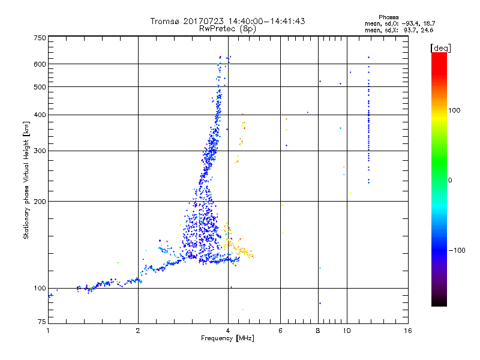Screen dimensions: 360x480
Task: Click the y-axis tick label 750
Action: click(40, 38)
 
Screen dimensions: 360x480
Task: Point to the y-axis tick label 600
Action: click(40, 64)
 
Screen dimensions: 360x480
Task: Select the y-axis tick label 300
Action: click(40, 151)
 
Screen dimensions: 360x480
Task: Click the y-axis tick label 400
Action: click(40, 115)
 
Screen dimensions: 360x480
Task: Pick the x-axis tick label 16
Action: click(407, 331)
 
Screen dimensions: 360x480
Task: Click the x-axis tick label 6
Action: click(280, 331)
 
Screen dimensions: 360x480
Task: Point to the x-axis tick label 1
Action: click(48, 331)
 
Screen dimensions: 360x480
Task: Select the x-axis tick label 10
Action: click(346, 331)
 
